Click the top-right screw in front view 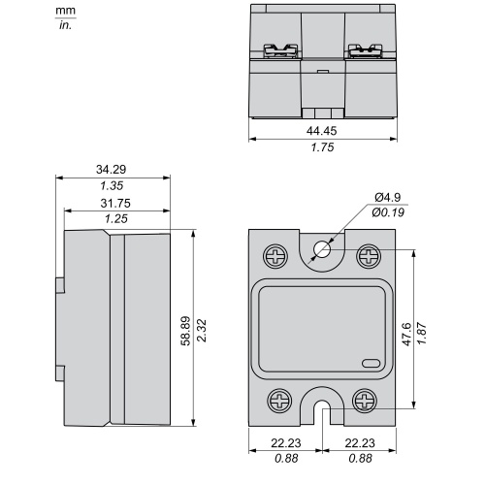tap(369, 257)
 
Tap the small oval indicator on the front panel tap(372, 364)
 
